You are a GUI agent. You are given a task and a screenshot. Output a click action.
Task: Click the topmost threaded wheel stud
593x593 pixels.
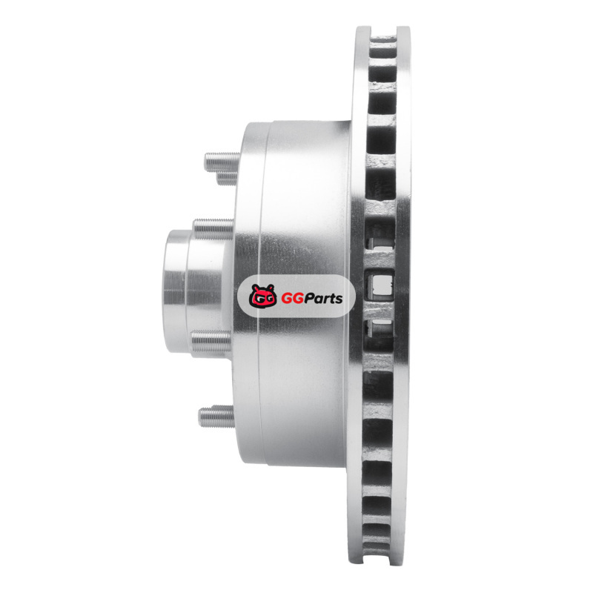coord(222,162)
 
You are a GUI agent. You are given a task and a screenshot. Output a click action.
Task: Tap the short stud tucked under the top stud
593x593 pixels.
coord(228,179)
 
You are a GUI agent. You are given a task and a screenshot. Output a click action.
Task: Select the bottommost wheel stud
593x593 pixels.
coord(216,417)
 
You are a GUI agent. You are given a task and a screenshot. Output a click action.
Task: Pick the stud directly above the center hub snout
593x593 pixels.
coord(213,228)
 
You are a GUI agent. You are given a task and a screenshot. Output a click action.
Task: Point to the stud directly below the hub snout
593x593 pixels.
coord(211,342)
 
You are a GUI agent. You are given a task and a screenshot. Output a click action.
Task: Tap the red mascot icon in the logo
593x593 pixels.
coord(263,296)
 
